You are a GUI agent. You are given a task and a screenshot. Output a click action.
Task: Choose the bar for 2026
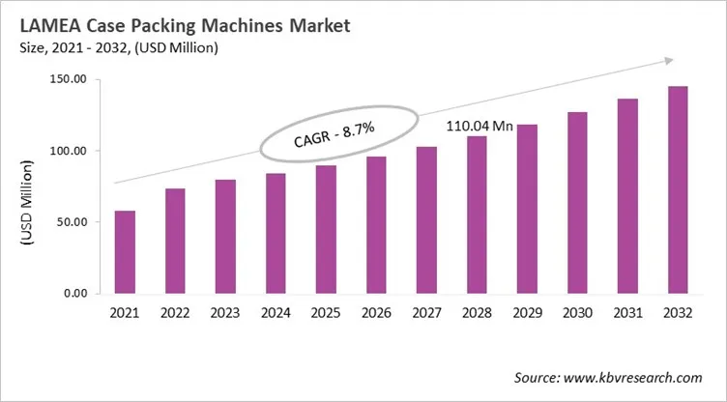coord(376,224)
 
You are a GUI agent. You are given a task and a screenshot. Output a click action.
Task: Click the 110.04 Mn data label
coord(479,126)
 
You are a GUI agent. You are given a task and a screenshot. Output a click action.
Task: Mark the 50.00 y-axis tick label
coord(71,222)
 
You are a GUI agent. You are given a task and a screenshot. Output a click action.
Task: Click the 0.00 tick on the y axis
coord(74,293)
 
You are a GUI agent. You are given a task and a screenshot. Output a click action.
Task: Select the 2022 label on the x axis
coord(175,314)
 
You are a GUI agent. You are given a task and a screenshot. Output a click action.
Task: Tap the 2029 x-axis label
coord(527,314)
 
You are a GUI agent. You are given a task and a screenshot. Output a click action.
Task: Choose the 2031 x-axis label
coord(627,314)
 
